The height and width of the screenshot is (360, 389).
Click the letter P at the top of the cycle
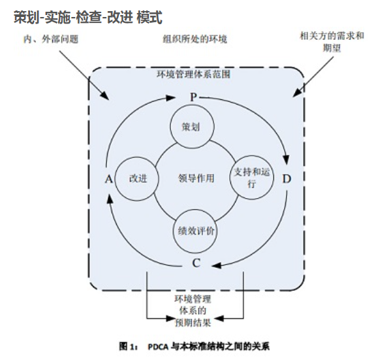point(193,97)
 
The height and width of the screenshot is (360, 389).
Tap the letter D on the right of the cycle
point(287,178)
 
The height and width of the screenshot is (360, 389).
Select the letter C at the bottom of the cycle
point(196,263)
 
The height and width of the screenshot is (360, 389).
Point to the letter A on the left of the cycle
point(108,179)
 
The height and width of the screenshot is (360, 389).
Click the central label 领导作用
point(196,178)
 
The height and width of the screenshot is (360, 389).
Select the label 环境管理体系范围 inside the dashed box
point(194,74)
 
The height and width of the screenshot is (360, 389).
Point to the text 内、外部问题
point(51,39)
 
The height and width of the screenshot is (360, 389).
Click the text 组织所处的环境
point(194,39)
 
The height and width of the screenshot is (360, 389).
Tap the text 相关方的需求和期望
point(332,42)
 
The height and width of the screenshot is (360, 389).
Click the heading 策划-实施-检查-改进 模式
point(88,18)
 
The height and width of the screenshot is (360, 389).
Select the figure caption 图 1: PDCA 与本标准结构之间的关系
point(194,346)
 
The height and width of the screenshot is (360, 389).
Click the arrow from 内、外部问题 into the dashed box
point(84,75)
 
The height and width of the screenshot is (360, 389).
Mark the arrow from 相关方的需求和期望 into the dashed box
point(313,76)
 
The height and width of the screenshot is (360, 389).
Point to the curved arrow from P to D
point(264,114)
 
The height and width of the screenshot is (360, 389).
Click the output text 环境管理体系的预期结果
point(193,311)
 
